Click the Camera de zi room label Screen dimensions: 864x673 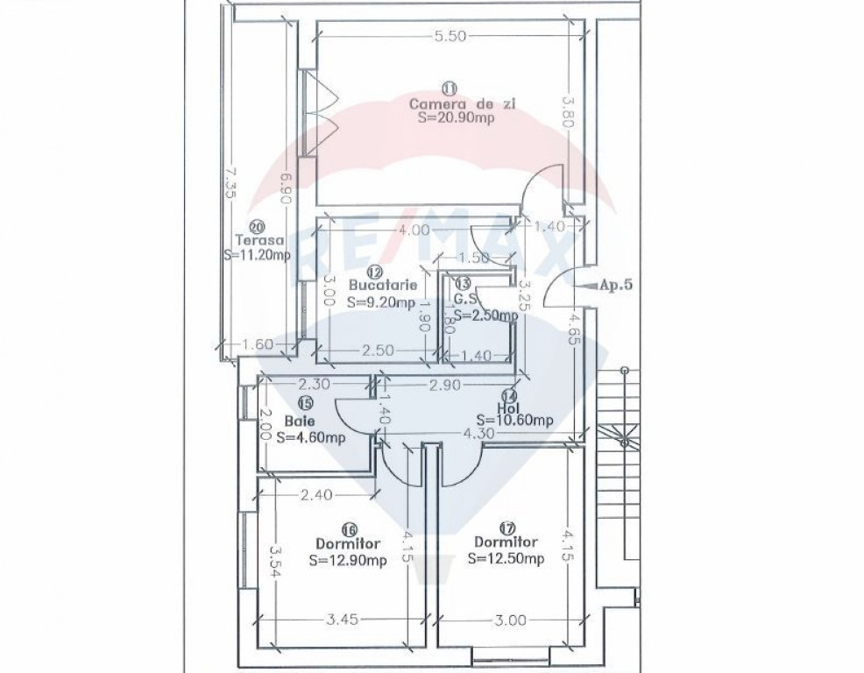[463, 103]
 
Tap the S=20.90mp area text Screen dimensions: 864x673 [456, 117]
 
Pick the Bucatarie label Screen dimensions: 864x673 [383, 286]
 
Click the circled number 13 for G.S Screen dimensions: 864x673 [464, 283]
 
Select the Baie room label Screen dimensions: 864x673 [300, 422]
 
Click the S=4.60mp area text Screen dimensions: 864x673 [311, 437]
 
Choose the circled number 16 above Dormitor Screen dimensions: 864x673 [349, 529]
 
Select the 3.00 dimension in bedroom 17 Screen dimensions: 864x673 [510, 620]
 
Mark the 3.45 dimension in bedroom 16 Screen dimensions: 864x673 [343, 620]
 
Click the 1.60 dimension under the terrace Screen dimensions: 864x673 [258, 344]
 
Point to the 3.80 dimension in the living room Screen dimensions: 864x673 [568, 112]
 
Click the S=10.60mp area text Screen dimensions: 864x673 [514, 422]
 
